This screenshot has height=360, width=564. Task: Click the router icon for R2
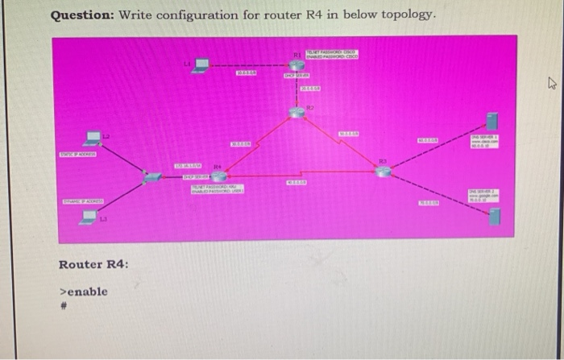pos(297,113)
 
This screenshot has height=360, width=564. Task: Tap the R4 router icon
pos(218,173)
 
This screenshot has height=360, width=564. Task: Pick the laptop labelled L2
pos(94,139)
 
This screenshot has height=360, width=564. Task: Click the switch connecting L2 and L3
pos(150,177)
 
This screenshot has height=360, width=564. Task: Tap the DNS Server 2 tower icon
pos(494,215)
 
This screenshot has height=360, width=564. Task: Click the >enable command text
pos(84,291)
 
